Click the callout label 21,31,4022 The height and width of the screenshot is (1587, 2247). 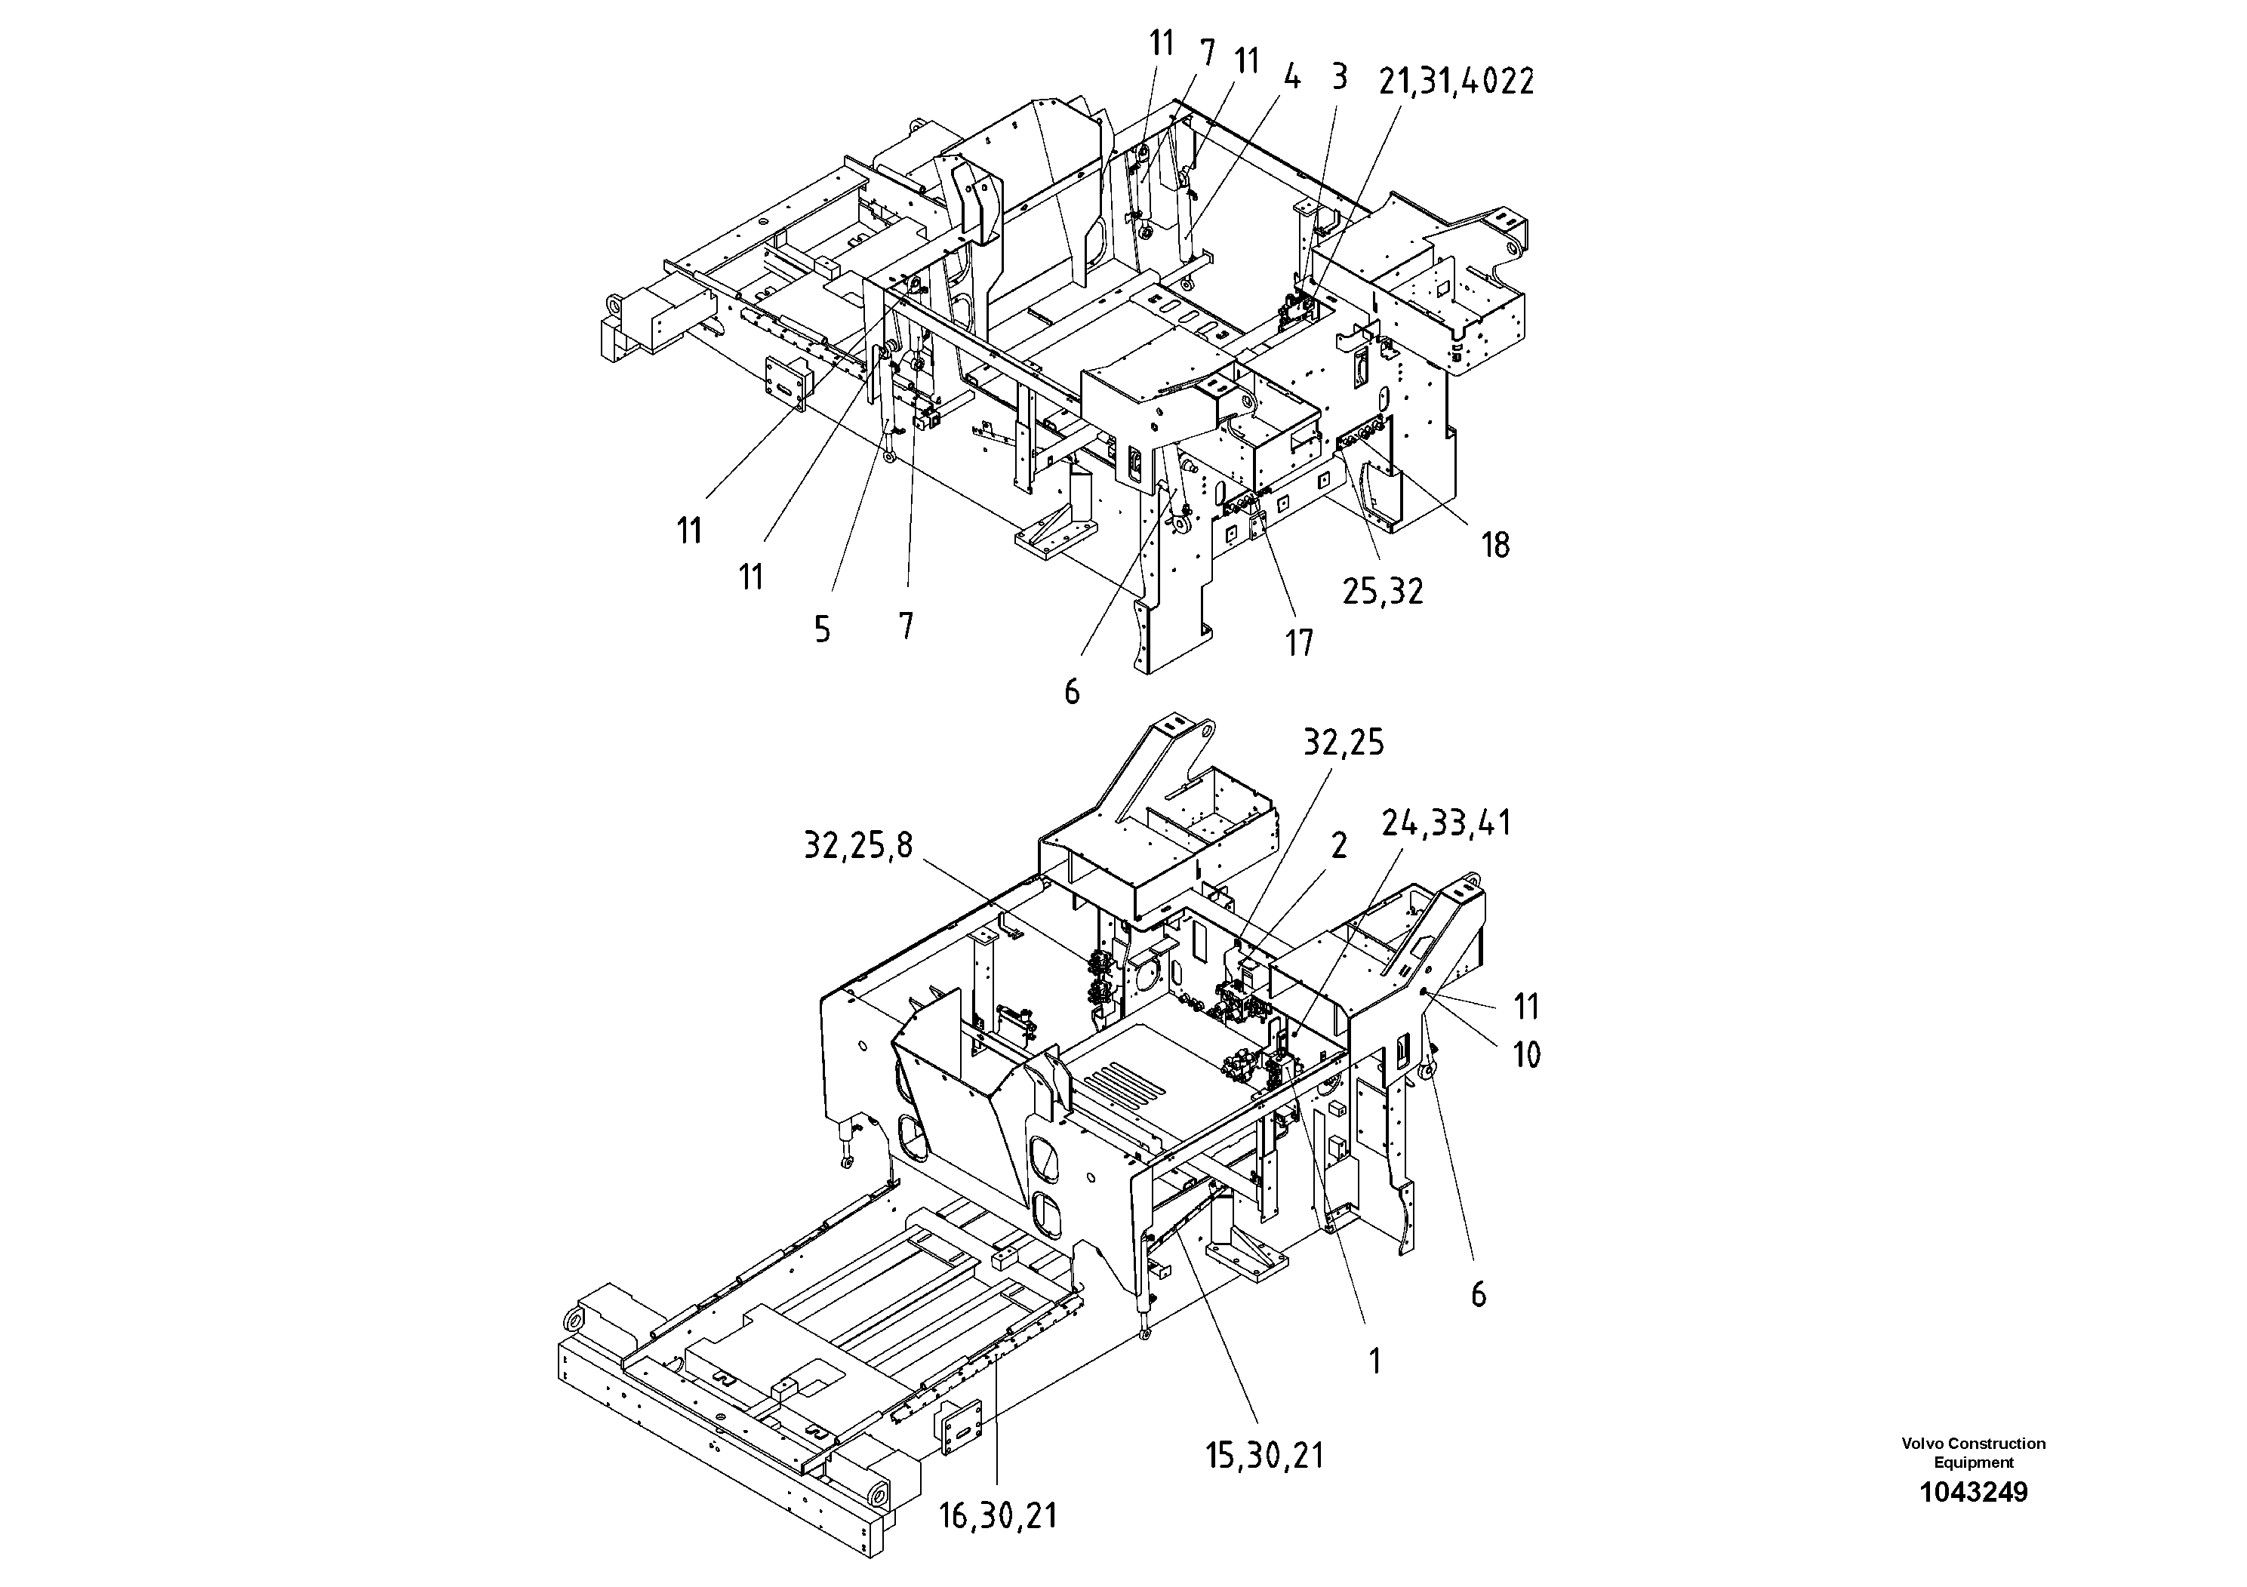coord(1455,82)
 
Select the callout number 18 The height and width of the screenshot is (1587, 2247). coord(1494,545)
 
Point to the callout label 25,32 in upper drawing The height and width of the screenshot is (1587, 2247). coord(1382,591)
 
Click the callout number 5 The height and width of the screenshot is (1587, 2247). coord(822,629)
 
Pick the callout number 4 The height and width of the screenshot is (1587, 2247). coord(1292,77)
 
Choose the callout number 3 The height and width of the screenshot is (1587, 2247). coord(1339,76)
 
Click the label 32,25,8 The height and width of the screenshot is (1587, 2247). coord(857,844)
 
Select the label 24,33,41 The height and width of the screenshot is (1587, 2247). coord(1445,824)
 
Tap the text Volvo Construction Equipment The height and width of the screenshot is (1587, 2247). coord(1973,1452)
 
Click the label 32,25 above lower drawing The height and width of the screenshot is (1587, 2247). coord(1343,743)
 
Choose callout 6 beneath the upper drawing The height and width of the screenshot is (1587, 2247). coord(1072,692)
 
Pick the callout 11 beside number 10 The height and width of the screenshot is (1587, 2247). coord(1525,1007)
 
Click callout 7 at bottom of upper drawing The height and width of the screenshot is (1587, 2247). coord(906,625)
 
